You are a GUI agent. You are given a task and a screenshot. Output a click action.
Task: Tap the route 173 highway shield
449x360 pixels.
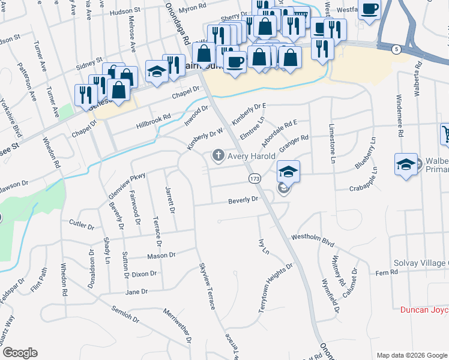(255, 179)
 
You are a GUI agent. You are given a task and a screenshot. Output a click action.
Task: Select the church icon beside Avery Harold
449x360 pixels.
(217, 156)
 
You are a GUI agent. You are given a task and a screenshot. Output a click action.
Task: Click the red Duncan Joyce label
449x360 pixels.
(424, 310)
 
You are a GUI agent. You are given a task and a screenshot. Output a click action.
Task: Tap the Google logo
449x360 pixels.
(19, 353)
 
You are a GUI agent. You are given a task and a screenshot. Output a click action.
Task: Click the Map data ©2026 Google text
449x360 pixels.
(411, 355)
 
